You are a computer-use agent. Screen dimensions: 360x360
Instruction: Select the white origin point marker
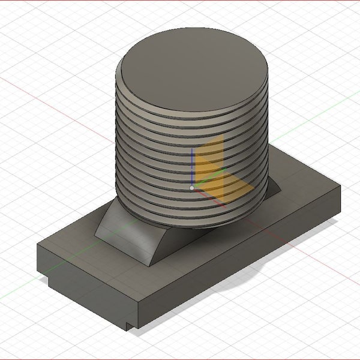point(192,188)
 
